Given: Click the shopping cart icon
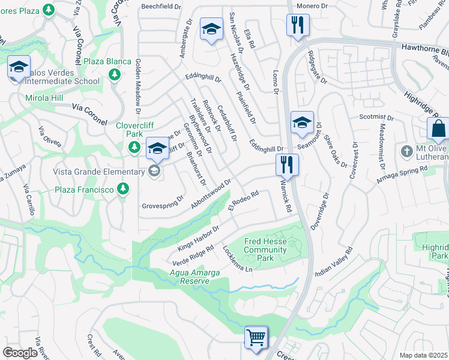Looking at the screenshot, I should (x=256, y=337).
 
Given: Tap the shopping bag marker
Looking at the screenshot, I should (x=438, y=128).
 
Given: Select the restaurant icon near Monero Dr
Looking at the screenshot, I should (x=298, y=25).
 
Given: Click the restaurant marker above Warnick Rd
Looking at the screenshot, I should (x=286, y=165).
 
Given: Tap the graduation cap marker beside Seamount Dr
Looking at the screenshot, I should (x=301, y=123).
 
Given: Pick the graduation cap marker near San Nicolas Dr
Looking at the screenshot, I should (x=211, y=30).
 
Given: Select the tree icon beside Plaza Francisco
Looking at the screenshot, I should (x=123, y=190).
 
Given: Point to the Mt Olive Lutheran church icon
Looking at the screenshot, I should (x=407, y=150).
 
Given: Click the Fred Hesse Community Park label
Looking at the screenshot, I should (x=265, y=250).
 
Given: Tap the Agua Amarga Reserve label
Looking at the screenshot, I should (x=195, y=277).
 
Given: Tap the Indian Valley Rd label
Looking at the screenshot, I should (x=333, y=262).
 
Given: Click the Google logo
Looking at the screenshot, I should (x=20, y=352).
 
